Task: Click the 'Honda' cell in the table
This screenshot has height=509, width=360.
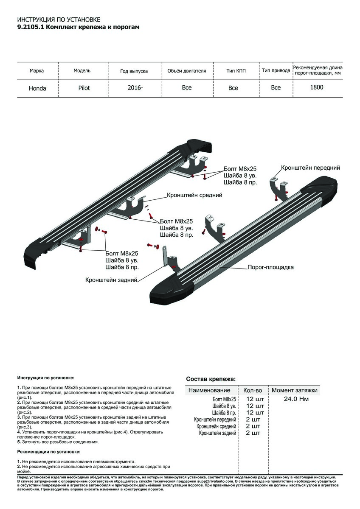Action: pyautogui.click(x=37, y=89)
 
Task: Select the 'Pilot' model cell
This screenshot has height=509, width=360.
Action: pyautogui.click(x=84, y=88)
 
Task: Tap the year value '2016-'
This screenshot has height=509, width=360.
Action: pyautogui.click(x=135, y=88)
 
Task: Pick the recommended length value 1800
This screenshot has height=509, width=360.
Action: pyautogui.click(x=317, y=87)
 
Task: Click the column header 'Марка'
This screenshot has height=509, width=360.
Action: pyautogui.click(x=37, y=71)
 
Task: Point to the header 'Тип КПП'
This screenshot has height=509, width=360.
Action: pyautogui.click(x=236, y=71)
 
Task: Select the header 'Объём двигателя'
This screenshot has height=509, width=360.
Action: pyautogui.click(x=186, y=71)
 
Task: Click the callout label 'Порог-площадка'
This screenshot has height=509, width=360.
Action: pyautogui.click(x=271, y=267)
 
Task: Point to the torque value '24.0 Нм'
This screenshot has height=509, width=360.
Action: pyautogui.click(x=296, y=399)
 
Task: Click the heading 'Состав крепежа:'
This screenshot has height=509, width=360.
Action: pyautogui.click(x=211, y=379)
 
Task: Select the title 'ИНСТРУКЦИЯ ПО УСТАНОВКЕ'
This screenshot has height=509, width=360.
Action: pyautogui.click(x=59, y=20)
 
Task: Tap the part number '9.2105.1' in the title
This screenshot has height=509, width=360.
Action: pyautogui.click(x=30, y=27)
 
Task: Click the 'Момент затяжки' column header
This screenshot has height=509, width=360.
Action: pyautogui.click(x=295, y=390)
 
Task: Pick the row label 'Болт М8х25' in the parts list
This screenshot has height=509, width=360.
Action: pyautogui.click(x=224, y=399)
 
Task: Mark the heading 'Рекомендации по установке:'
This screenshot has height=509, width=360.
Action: pyautogui.click(x=49, y=452)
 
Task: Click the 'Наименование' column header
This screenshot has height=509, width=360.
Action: pyautogui.click(x=209, y=390)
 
